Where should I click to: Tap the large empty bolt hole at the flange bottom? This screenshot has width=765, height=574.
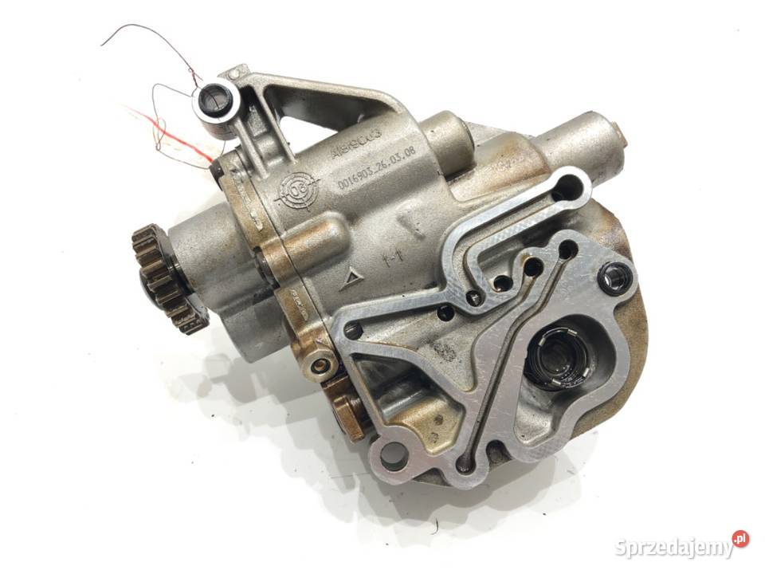[394, 456]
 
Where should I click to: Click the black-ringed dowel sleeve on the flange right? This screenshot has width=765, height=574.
[617, 277]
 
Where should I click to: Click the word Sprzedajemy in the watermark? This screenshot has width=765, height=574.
[673, 548]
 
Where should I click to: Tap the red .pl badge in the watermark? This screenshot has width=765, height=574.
[740, 539]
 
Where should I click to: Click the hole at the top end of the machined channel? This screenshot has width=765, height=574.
[567, 189]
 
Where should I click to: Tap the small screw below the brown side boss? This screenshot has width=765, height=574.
[322, 365]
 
